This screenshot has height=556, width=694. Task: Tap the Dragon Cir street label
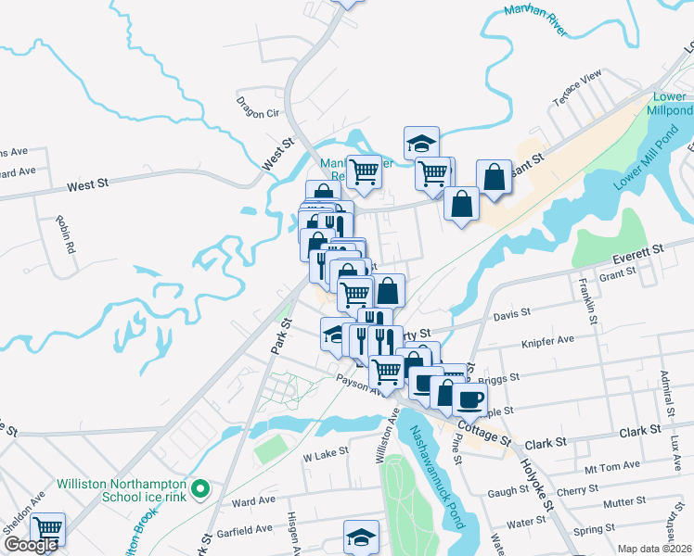click(x=258, y=107)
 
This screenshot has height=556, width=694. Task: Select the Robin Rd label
click(x=64, y=235)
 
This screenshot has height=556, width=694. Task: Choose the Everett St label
click(x=639, y=252)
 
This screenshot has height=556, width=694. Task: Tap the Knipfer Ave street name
click(x=548, y=340)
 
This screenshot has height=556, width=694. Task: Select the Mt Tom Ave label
click(x=612, y=465)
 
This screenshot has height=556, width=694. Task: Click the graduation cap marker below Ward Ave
click(x=362, y=536)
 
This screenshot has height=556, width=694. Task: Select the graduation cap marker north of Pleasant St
click(x=420, y=143)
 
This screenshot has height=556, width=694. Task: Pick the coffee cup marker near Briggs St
click(x=471, y=398)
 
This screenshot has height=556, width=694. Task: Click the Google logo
click(x=31, y=545)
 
